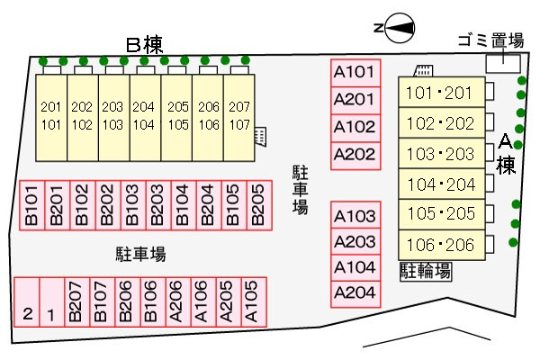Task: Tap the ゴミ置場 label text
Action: [x=490, y=40]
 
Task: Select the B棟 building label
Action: [x=144, y=44]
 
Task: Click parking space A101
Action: [x=355, y=73]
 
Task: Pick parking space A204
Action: [x=355, y=294]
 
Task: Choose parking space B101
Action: [x=32, y=205]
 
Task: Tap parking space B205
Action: [x=259, y=205]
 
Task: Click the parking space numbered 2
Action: [x=27, y=301]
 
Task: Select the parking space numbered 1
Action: [x=52, y=301]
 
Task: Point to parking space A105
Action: [x=254, y=301]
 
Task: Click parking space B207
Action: [x=77, y=301]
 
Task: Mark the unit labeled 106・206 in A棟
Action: [x=442, y=245]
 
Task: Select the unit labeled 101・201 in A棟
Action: [x=442, y=93]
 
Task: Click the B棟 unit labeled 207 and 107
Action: [x=239, y=118]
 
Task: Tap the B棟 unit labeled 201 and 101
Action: [x=51, y=118]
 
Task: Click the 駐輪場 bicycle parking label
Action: [x=426, y=271]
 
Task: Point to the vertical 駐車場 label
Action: [x=300, y=190]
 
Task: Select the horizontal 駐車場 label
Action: [x=140, y=254]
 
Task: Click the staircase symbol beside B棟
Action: [x=260, y=137]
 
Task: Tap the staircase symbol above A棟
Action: [x=423, y=70]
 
